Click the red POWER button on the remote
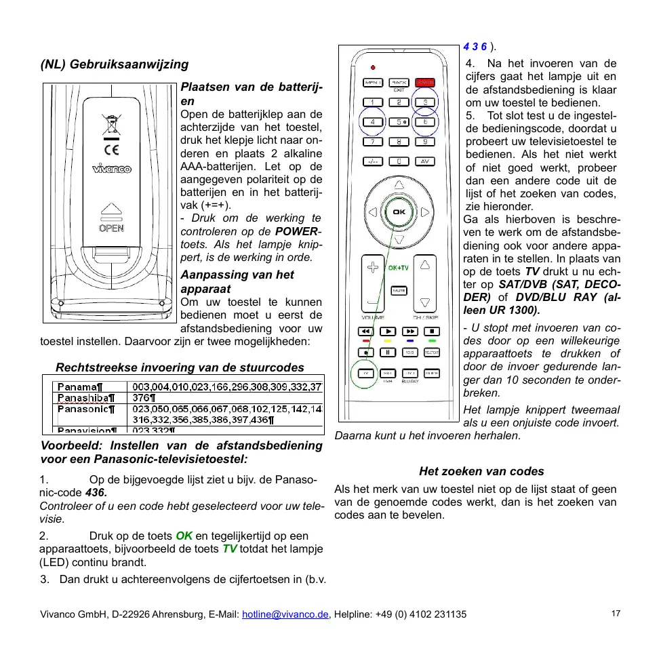425,83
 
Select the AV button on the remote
425,161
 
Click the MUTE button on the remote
399,290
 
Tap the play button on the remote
387,332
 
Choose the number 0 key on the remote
399,161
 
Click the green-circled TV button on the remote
365,374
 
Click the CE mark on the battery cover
112,148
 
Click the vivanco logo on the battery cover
112,169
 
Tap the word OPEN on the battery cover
112,228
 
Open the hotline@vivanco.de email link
285,614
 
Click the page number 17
616,614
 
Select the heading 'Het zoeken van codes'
481,471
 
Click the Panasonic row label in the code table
86,409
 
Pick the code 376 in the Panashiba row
143,398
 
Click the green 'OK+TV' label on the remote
398,268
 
